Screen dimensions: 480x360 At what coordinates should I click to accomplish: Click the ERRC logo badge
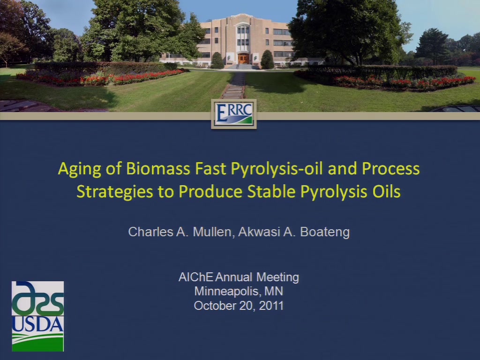(x=233, y=114)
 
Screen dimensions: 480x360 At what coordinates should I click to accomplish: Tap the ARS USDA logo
(x=37, y=316)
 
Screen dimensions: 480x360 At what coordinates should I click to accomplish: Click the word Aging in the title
(x=79, y=169)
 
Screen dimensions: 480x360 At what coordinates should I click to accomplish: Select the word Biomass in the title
(x=158, y=168)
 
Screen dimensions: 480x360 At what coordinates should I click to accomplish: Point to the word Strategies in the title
(x=115, y=192)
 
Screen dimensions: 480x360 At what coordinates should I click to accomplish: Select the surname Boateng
(x=325, y=232)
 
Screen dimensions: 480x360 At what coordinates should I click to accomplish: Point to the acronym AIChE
(x=195, y=277)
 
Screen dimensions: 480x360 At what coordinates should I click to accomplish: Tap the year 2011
(x=271, y=306)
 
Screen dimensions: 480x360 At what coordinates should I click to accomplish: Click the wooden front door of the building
(x=243, y=59)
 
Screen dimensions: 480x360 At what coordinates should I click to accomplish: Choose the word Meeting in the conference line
(x=277, y=277)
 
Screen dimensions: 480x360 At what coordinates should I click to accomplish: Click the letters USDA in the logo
(x=37, y=324)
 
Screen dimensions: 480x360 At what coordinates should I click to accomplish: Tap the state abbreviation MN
(x=273, y=291)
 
